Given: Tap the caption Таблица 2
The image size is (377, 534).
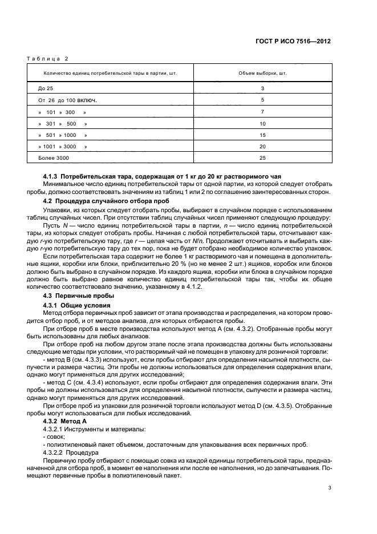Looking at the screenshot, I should click(47, 58).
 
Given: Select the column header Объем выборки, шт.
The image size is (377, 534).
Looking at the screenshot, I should click(262, 73).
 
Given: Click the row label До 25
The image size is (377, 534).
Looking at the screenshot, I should click(46, 88).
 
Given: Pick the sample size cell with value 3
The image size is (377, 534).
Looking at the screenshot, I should click(262, 88).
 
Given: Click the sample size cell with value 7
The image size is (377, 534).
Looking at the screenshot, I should click(262, 112).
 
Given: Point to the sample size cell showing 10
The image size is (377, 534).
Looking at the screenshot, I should click(262, 123).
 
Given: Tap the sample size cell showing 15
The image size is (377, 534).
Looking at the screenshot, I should click(262, 135).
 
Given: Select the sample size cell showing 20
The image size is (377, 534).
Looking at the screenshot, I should click(262, 146).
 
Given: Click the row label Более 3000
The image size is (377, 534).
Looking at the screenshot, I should click(54, 157).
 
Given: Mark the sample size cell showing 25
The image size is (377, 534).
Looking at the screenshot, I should click(262, 157).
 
